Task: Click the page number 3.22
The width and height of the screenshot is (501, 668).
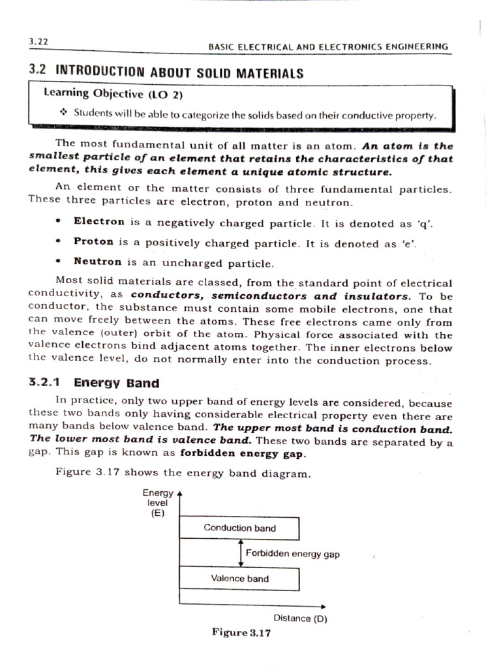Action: (x=39, y=40)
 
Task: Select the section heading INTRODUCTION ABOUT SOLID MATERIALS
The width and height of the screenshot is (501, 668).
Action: (x=179, y=72)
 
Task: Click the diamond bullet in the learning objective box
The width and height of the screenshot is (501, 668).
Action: (x=63, y=113)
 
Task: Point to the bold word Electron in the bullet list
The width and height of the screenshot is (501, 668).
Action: (x=99, y=222)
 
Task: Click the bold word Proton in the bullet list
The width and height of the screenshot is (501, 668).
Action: (x=93, y=242)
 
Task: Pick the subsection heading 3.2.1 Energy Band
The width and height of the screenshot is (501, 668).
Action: (x=94, y=382)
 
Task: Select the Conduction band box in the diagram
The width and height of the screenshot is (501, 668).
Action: (x=239, y=528)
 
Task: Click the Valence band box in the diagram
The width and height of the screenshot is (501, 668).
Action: (x=239, y=579)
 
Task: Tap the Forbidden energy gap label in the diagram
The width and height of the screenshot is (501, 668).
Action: (x=292, y=554)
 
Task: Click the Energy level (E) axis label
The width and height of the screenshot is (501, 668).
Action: (x=157, y=503)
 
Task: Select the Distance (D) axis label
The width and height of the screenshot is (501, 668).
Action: (x=300, y=618)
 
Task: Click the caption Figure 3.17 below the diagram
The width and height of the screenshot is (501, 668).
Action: (x=241, y=632)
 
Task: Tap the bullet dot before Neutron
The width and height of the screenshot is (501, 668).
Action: (x=59, y=262)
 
